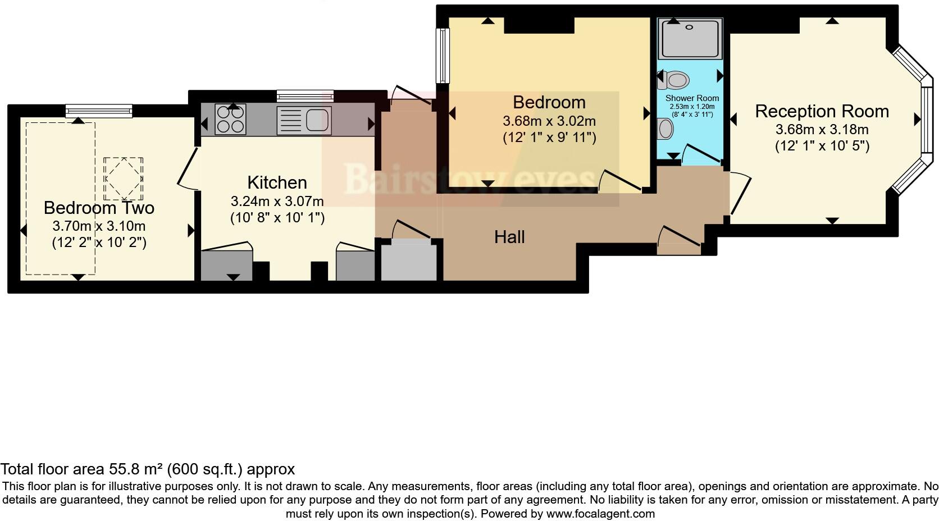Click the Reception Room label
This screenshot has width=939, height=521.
tap(822, 111)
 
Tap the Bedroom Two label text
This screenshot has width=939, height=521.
tap(99, 208)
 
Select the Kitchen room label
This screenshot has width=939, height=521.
tap(277, 182)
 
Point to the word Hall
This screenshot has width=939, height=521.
tap(509, 237)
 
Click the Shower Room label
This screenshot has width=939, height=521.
tap(692, 98)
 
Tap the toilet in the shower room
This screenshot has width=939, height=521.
tap(674, 80)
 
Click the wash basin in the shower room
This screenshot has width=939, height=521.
tap(665, 129)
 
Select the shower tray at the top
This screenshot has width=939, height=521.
tap(690, 38)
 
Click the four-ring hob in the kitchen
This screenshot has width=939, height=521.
tap(230, 120)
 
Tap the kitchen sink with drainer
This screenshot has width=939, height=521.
tap(304, 120)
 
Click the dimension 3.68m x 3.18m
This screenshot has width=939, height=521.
tap(822, 130)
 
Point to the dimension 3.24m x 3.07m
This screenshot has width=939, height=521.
tap(277, 201)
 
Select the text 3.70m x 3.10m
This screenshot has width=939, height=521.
tap(99, 226)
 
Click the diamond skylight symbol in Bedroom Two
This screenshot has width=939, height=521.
tap(123, 179)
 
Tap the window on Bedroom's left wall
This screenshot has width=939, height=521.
tap(443, 56)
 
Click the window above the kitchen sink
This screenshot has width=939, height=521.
tap(305, 95)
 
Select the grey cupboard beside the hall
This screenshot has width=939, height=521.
tap(409, 259)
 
